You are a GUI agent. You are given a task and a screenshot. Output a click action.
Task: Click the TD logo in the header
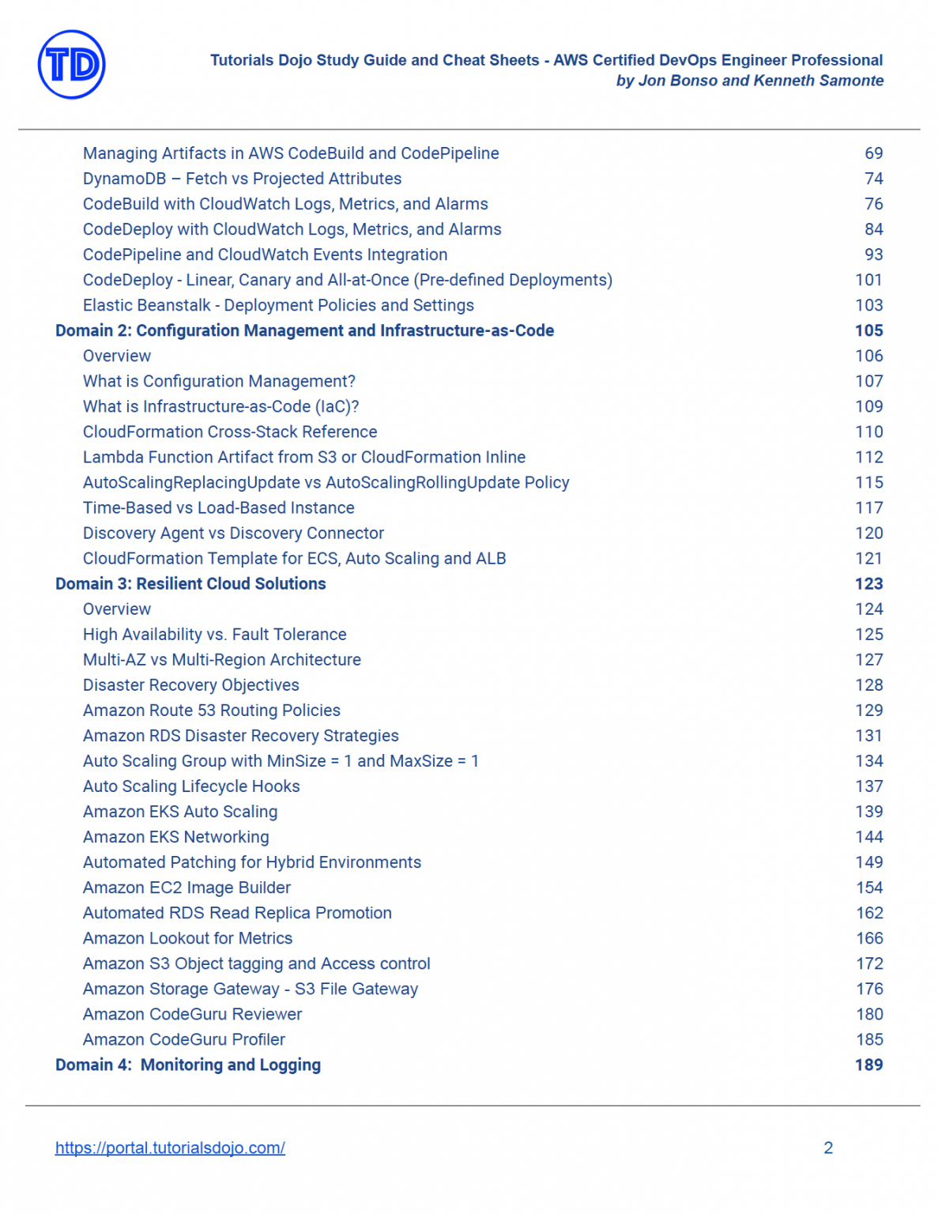(71, 65)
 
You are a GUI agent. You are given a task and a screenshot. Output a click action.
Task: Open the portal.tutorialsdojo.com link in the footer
(170, 1148)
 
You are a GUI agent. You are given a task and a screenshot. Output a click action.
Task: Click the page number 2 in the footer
(828, 1148)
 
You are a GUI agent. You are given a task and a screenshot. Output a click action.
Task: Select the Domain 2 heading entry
(304, 330)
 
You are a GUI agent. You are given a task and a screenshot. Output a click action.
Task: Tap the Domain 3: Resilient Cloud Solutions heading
(190, 583)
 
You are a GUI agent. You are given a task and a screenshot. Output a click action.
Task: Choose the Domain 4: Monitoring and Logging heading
(188, 1065)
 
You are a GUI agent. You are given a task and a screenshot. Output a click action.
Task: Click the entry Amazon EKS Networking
(176, 837)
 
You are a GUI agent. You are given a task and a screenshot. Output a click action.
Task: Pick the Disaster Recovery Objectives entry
(191, 685)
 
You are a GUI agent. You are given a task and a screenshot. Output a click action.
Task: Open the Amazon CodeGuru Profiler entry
(184, 1039)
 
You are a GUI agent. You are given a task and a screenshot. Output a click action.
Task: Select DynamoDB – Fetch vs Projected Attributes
(242, 179)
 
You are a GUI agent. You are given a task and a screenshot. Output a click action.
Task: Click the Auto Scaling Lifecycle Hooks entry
(191, 786)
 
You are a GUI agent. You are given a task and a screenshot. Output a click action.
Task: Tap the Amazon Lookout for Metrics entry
(187, 938)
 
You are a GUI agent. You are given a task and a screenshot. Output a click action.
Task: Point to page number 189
(868, 1065)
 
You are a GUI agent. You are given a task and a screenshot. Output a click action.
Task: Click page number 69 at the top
(873, 153)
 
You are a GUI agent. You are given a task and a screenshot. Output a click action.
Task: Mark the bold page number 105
(868, 330)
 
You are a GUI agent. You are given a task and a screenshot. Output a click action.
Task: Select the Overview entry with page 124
(117, 609)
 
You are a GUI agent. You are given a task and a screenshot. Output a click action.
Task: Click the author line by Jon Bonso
(749, 81)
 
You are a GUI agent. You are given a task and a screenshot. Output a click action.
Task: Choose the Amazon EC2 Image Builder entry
(186, 888)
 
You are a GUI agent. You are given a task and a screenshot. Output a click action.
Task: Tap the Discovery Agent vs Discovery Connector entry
(233, 533)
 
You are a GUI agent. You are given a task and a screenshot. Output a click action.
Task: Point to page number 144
(868, 837)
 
